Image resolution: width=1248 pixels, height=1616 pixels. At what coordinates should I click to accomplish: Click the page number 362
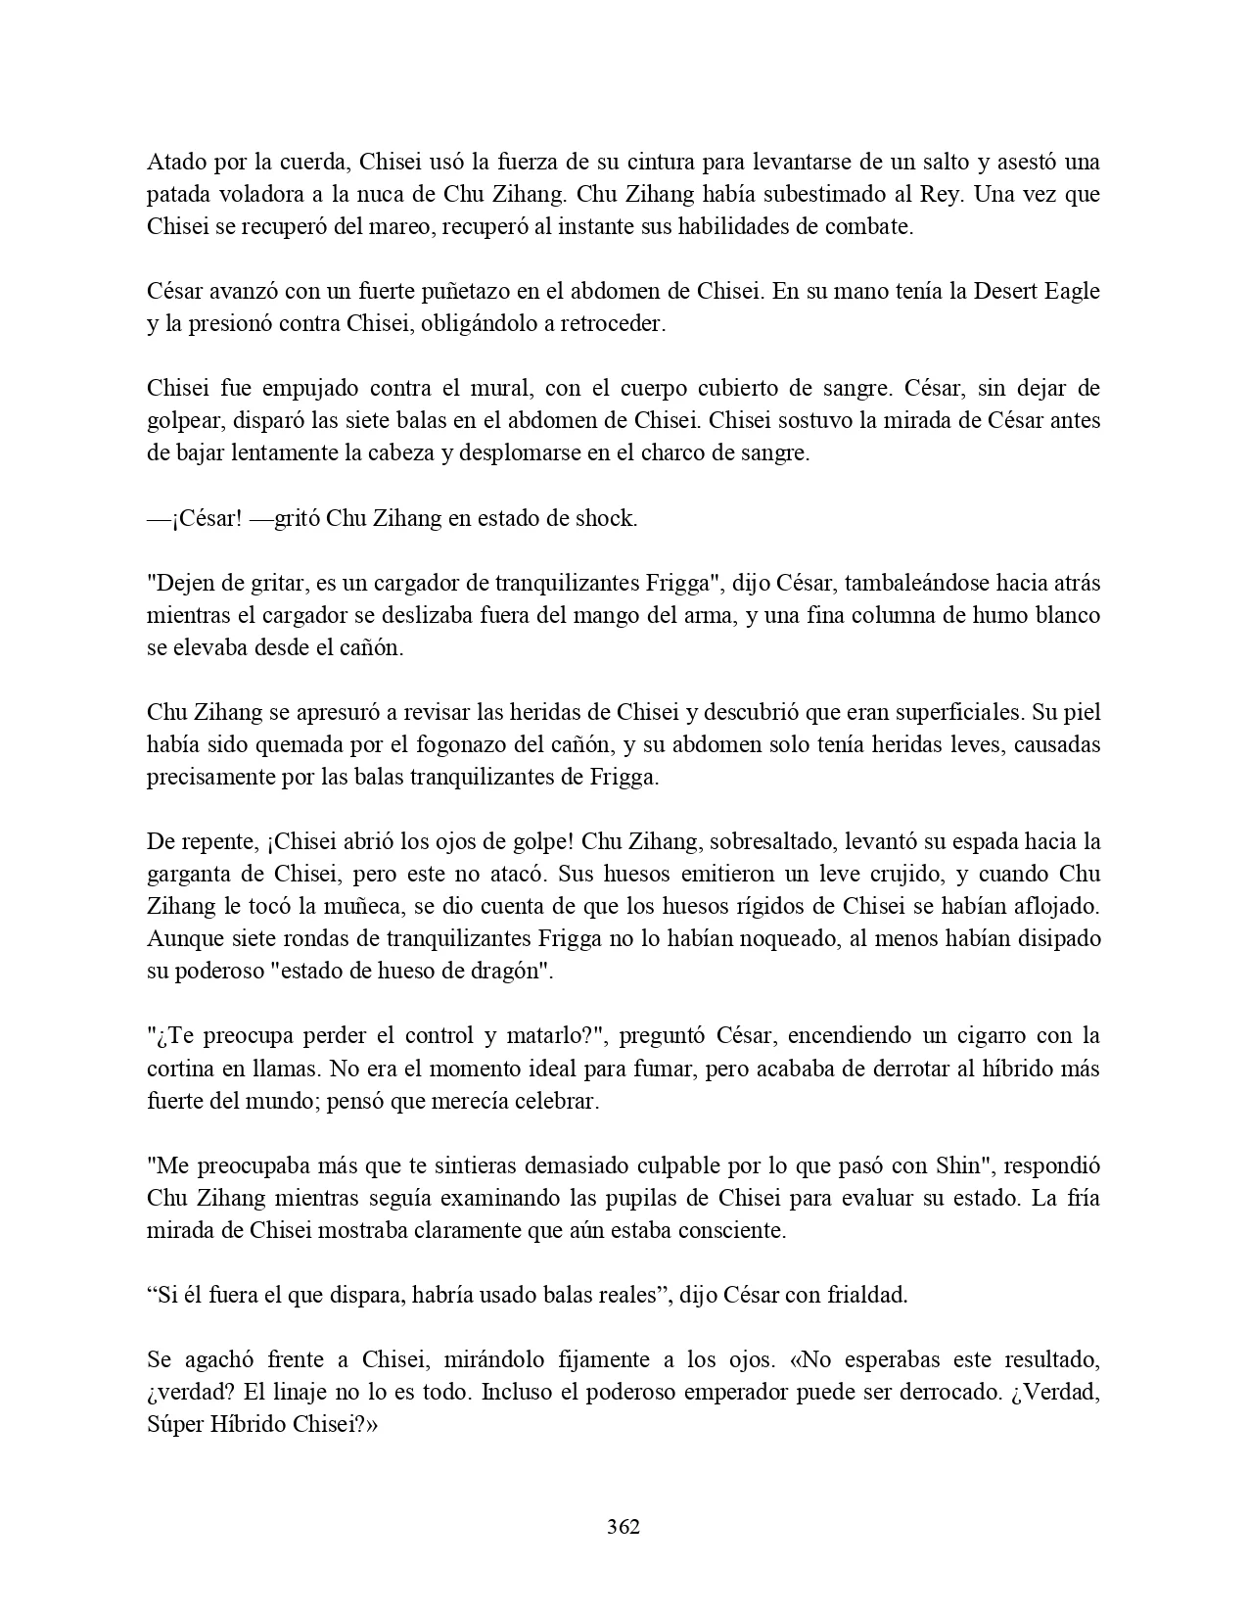click(624, 1526)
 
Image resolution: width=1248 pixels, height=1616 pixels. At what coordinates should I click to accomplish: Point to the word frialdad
click(865, 1295)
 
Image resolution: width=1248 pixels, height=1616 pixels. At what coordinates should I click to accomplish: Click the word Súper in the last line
click(174, 1424)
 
